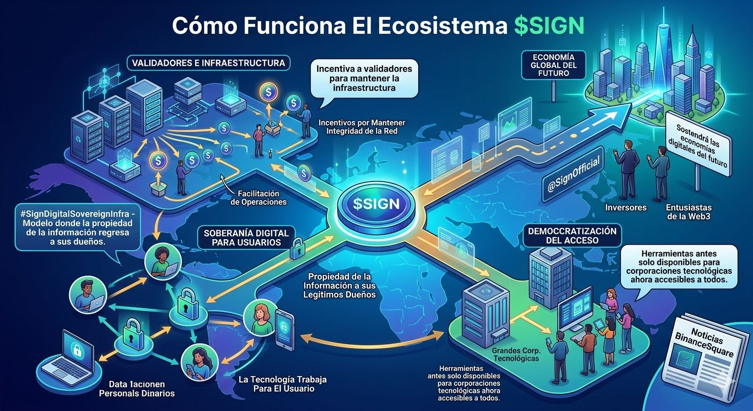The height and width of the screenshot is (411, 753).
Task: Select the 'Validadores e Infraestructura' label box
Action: click(209, 63)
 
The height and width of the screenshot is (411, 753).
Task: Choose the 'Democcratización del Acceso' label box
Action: click(572, 236)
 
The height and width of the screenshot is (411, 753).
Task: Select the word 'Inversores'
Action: click(626, 207)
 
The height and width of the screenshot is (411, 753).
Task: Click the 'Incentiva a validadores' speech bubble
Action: click(364, 78)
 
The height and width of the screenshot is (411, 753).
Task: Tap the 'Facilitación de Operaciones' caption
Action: click(258, 198)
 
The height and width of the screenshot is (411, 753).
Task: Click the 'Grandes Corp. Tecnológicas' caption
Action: click(515, 355)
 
